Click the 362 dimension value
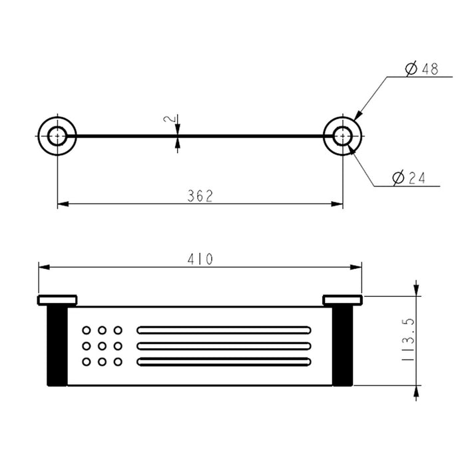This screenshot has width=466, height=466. [x=200, y=196]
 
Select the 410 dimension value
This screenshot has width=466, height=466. [x=200, y=259]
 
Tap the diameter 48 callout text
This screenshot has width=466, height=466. [x=421, y=69]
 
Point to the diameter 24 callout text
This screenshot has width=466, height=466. [x=409, y=178]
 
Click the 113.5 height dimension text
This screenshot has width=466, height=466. [x=407, y=340]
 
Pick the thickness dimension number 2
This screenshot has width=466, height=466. [x=169, y=119]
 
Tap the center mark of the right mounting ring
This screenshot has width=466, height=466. [x=343, y=136]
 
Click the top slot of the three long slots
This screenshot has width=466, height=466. [x=224, y=330]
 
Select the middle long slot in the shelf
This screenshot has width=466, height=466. [x=224, y=346]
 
